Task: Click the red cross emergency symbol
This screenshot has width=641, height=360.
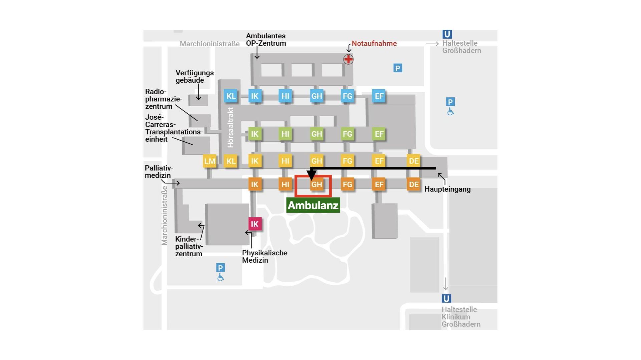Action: click(x=348, y=59)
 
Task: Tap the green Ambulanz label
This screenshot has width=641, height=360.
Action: click(x=313, y=205)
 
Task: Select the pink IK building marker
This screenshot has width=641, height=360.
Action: click(x=255, y=224)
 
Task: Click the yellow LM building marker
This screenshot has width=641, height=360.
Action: click(x=210, y=161)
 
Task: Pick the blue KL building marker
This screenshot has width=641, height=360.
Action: click(x=231, y=96)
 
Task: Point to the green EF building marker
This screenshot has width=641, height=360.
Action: click(x=379, y=134)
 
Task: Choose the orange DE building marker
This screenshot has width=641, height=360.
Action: click(x=414, y=184)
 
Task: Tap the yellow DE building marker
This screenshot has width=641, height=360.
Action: click(x=414, y=161)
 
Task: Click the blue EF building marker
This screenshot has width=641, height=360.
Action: click(x=379, y=96)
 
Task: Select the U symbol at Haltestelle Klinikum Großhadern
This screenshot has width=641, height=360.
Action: click(x=446, y=298)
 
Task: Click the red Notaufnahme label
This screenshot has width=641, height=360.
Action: click(x=374, y=44)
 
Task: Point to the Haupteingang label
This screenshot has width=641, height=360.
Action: click(x=447, y=189)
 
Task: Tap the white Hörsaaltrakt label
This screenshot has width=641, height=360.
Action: click(x=230, y=127)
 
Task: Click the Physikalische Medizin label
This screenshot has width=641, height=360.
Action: click(x=265, y=257)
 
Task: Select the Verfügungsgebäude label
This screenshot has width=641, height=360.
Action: click(x=196, y=76)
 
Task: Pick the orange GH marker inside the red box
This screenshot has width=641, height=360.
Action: click(x=316, y=184)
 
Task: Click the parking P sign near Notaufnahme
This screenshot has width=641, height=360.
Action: click(x=398, y=68)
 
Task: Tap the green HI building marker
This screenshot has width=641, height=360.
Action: click(x=285, y=134)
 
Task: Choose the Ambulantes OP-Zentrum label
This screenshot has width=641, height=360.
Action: click(x=266, y=40)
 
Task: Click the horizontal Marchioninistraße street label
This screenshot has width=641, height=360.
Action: click(x=210, y=44)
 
